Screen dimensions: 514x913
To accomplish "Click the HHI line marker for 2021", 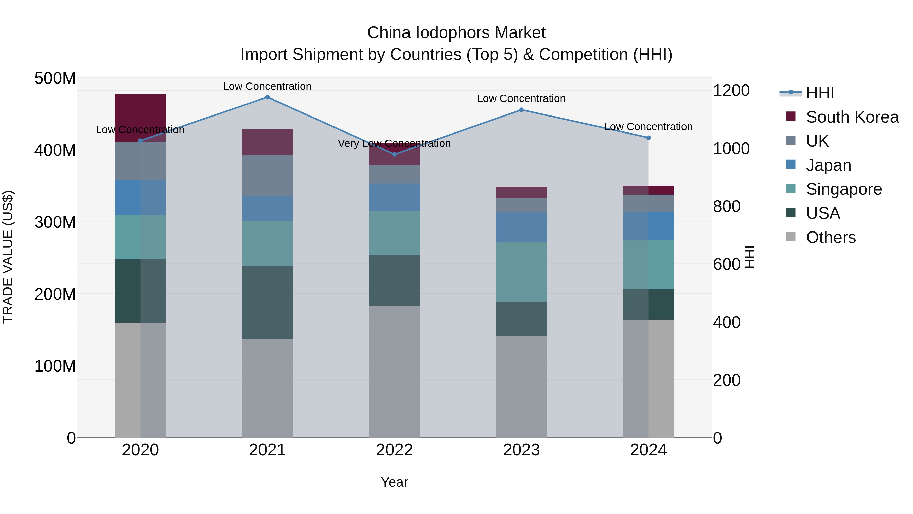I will click(x=267, y=97).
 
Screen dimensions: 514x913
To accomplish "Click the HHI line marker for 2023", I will click(x=521, y=110).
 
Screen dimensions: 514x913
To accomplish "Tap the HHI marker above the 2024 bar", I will click(x=648, y=138).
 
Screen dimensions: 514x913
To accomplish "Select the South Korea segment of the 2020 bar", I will click(x=140, y=118).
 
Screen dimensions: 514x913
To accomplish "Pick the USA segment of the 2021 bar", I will click(x=267, y=302).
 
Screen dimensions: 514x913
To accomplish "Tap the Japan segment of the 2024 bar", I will click(x=648, y=226).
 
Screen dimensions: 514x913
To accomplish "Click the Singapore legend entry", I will click(x=844, y=189).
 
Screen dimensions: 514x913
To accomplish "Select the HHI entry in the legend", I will click(x=819, y=93).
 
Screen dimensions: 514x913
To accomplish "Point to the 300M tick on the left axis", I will click(x=55, y=222).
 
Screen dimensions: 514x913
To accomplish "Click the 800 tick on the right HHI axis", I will click(x=726, y=206).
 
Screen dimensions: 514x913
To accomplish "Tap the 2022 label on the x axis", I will click(x=394, y=450).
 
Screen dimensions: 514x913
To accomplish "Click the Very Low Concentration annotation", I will click(x=394, y=144).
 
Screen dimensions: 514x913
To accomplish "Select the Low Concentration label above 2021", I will click(x=267, y=86).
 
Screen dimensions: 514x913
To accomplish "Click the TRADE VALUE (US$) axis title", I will click(x=8, y=257).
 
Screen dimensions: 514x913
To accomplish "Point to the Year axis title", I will click(x=394, y=482).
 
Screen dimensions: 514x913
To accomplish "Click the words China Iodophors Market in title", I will click(x=456, y=33).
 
